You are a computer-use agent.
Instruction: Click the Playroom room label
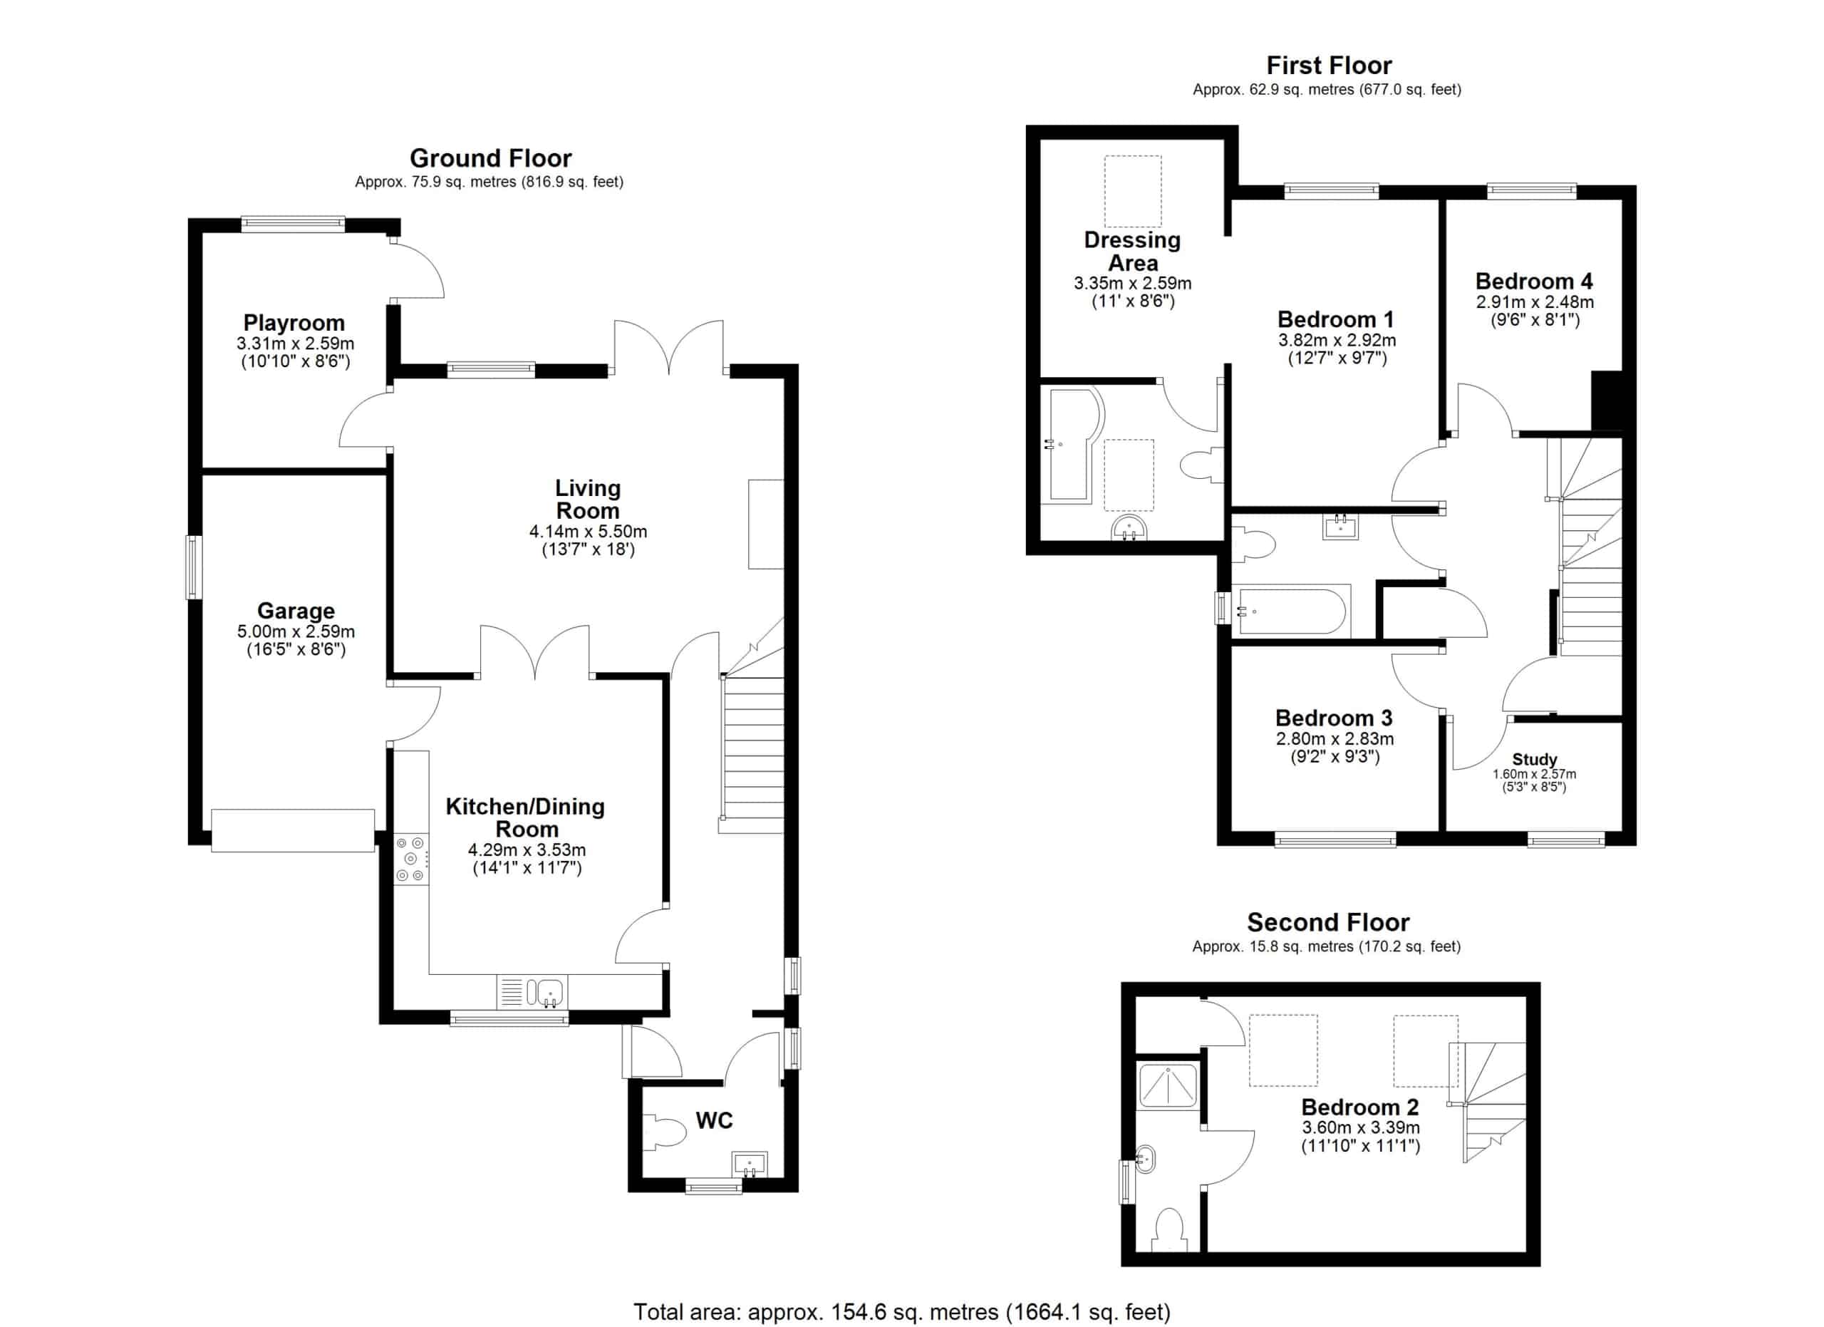point(294,324)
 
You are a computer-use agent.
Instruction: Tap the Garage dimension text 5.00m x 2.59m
point(296,632)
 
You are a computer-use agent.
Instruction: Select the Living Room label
point(588,500)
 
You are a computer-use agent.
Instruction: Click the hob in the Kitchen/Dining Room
point(411,859)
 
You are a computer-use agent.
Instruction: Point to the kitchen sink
point(532,991)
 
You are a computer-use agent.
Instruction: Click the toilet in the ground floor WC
point(664,1134)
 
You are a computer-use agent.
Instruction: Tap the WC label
point(714,1120)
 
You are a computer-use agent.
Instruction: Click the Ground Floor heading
point(491,158)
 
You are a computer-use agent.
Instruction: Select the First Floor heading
point(1330,65)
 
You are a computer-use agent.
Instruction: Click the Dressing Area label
point(1132,252)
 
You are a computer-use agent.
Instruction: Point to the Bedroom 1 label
point(1336,319)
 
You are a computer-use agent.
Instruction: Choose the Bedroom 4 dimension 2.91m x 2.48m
point(1535,302)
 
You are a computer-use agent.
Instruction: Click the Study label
point(1535,759)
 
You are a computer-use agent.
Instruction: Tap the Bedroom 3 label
point(1335,718)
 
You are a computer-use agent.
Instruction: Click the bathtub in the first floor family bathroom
point(1291,611)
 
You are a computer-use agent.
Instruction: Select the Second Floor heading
point(1329,922)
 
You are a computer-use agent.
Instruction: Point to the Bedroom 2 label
point(1360,1107)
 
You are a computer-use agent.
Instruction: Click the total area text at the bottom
point(901,1313)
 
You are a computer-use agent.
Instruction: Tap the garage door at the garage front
point(293,830)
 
